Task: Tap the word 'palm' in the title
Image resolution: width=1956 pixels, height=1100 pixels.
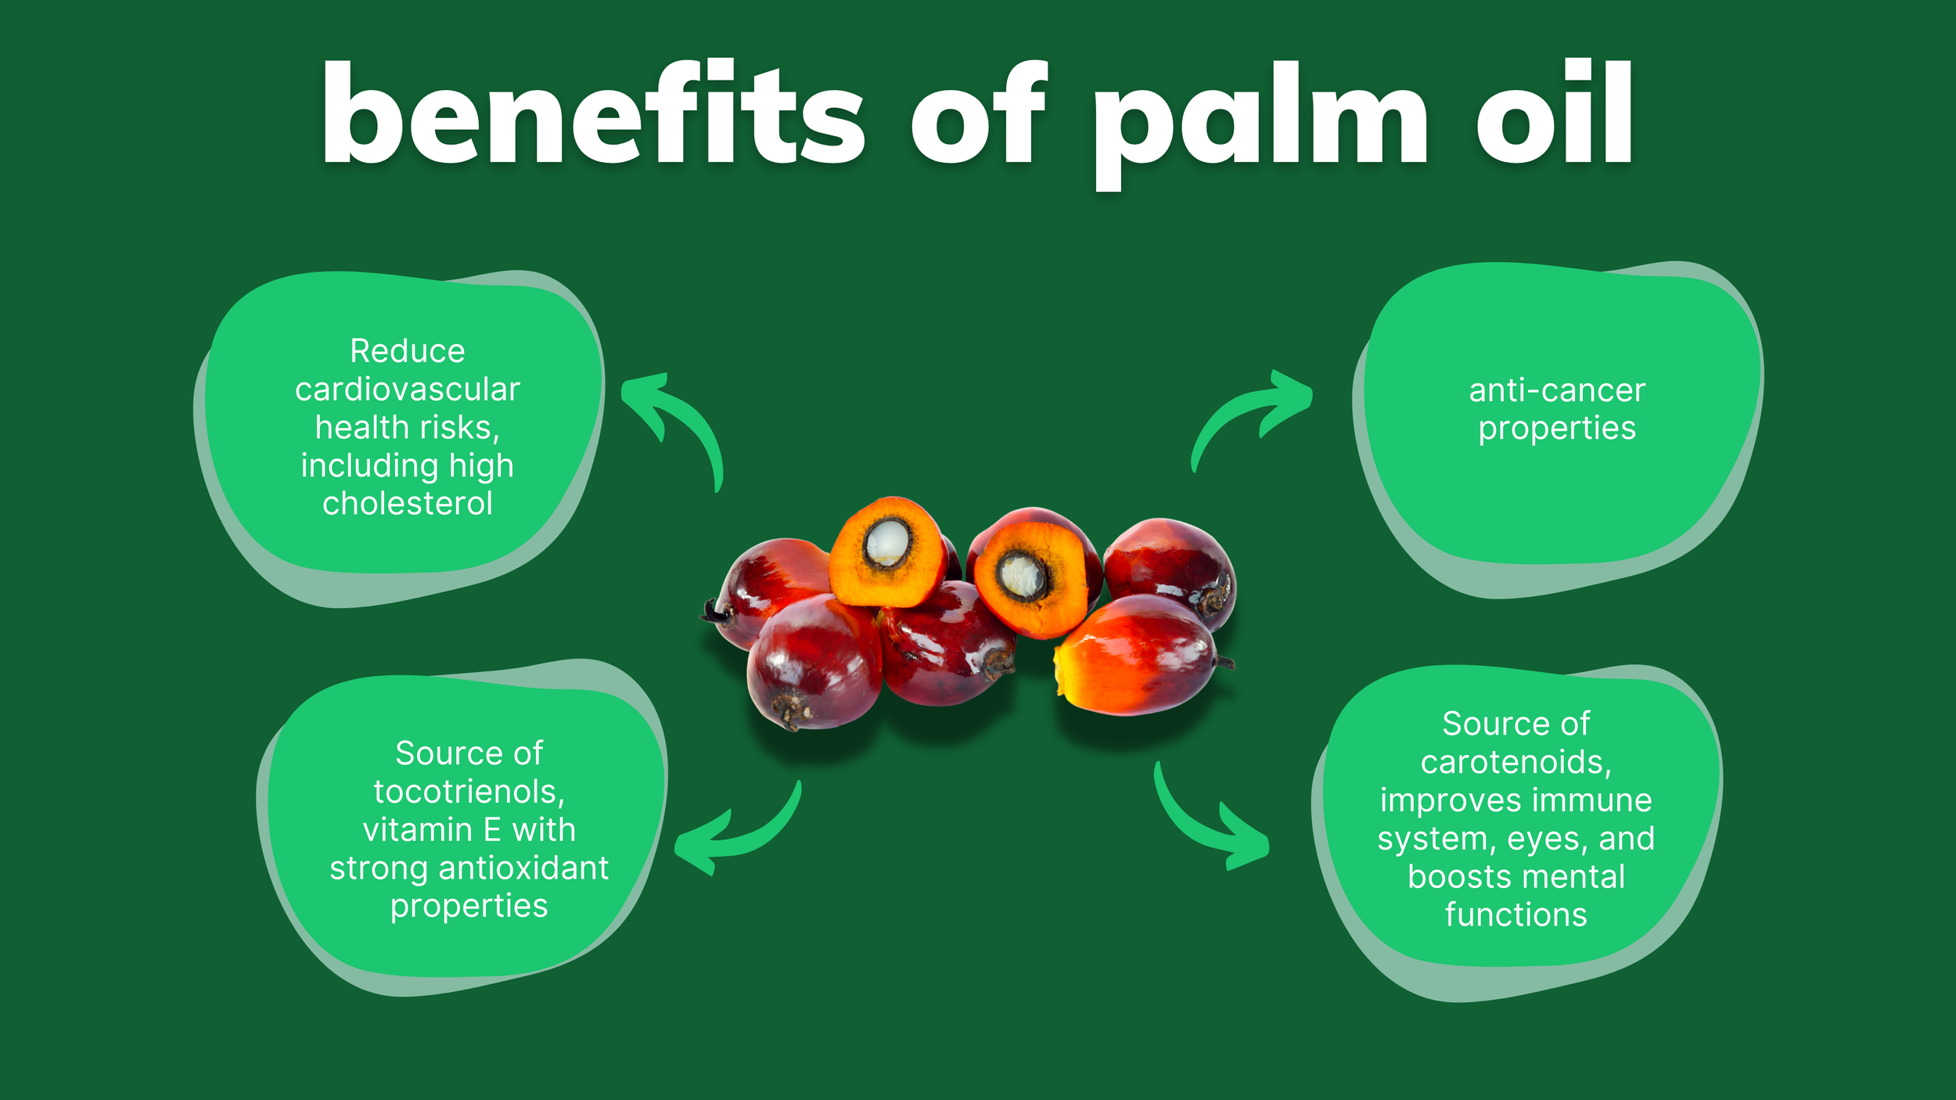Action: pos(1260,117)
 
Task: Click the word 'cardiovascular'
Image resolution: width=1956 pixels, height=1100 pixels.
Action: pos(407,390)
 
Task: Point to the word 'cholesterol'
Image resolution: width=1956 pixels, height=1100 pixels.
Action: pos(407,504)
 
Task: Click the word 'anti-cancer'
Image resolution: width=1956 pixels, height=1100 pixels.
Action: pos(1557,390)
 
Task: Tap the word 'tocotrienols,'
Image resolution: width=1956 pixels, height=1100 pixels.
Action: pos(469,792)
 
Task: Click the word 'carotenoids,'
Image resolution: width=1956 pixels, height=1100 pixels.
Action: pos(1516,762)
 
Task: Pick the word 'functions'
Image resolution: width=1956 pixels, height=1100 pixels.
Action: pos(1516,915)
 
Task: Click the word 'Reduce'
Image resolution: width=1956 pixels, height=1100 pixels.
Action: pos(407,351)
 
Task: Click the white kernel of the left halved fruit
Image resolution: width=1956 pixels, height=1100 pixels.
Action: pos(886,541)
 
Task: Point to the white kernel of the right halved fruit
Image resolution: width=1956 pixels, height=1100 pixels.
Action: pos(1020,577)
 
